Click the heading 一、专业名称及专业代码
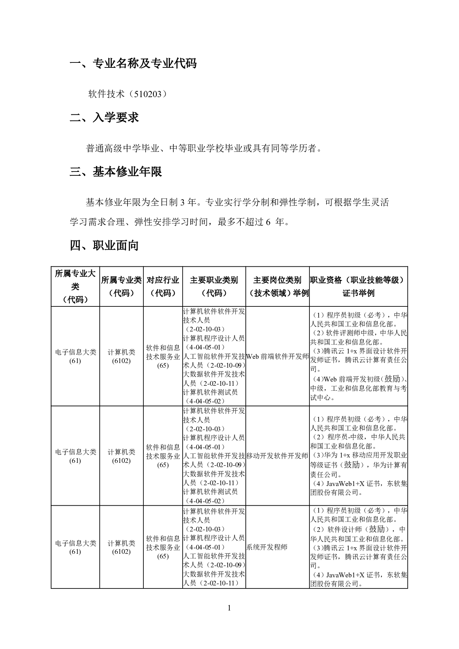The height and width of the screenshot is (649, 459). point(133,63)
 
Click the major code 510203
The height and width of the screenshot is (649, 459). point(148,94)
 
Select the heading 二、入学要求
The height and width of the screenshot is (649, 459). point(104,118)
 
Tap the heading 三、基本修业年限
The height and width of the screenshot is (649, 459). point(116,171)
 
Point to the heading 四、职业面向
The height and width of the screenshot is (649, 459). point(104,245)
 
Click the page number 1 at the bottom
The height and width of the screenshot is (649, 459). point(229,608)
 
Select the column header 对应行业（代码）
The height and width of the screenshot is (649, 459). point(163,286)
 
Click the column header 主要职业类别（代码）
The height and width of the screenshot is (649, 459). point(214,286)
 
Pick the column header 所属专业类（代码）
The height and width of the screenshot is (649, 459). point(121,286)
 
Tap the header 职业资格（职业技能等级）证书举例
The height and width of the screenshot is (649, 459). point(358,286)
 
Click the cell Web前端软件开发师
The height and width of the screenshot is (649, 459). point(277,356)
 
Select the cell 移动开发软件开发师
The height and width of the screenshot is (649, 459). point(277,456)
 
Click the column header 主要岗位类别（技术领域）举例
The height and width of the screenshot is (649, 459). point(277,286)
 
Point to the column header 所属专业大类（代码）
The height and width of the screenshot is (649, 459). point(75,286)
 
